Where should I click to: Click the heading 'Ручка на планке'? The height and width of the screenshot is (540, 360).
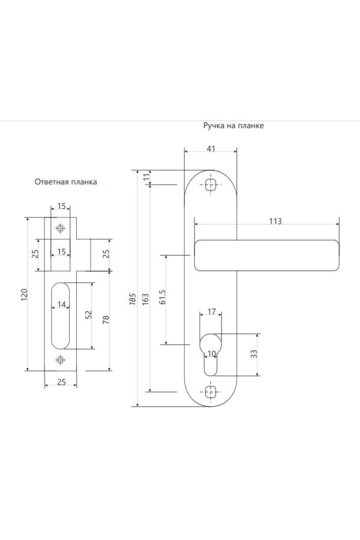(x=233, y=125)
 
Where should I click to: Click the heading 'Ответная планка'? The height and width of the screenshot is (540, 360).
(x=66, y=182)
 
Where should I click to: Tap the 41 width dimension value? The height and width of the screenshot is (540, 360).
(x=211, y=148)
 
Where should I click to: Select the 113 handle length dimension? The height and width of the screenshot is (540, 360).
(x=275, y=221)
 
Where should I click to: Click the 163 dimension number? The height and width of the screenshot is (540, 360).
(x=145, y=299)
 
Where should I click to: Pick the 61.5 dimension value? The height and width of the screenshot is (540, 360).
(x=163, y=297)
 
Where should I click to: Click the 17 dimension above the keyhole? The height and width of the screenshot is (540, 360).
(x=212, y=311)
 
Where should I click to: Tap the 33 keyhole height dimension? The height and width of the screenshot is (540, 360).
(x=254, y=354)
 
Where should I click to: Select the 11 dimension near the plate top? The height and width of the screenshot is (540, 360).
(x=147, y=176)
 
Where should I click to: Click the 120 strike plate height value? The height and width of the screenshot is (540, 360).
(x=24, y=295)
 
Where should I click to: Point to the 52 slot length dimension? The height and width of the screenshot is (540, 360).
(x=89, y=315)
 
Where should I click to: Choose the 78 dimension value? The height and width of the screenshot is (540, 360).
(x=106, y=320)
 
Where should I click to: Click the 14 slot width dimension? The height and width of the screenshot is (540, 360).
(x=61, y=304)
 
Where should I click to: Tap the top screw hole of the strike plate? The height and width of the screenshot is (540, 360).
(x=60, y=228)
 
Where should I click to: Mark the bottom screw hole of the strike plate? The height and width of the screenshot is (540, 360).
(x=60, y=360)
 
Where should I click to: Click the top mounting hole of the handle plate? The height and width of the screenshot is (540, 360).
(x=211, y=185)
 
